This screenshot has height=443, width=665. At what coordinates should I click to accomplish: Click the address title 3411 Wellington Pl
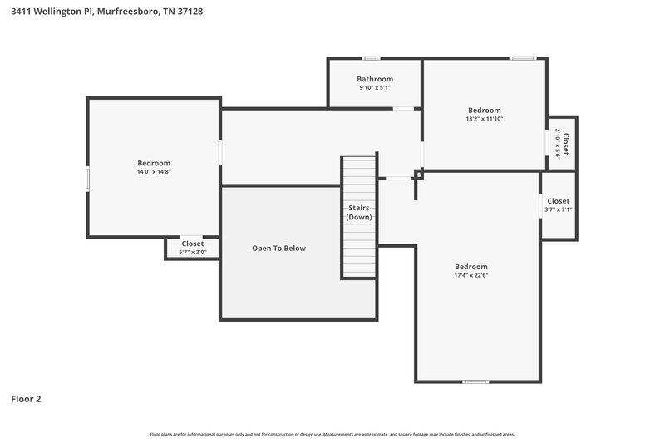point(107,12)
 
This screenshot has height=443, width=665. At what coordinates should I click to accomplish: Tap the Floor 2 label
point(26,399)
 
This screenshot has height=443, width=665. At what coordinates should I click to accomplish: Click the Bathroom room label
point(375,79)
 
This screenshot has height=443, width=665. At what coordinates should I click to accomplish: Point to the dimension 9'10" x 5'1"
point(375,87)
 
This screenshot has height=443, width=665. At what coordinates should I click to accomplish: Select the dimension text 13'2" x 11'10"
point(484,119)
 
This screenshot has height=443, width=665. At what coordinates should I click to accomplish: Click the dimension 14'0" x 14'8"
point(154,171)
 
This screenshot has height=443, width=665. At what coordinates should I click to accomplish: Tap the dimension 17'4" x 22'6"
point(470,275)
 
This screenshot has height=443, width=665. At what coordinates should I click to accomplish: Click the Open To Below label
point(279,248)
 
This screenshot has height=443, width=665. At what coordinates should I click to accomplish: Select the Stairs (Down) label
point(359,212)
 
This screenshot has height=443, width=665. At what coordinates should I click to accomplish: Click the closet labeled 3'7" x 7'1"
point(558,205)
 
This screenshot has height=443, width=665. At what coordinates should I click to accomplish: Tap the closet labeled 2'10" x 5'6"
point(563,143)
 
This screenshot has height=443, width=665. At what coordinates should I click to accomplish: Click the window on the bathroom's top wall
point(371,58)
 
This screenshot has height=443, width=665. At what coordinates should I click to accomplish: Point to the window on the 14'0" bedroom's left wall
point(87,180)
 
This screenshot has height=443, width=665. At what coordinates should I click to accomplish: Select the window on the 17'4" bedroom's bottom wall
point(475,381)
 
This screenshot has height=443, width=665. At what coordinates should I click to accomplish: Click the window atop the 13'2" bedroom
point(523,58)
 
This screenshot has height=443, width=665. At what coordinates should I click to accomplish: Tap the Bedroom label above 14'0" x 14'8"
point(154,163)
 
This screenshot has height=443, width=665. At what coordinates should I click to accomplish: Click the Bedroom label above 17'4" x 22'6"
point(470,266)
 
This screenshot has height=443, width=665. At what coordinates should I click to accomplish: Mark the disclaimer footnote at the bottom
point(332,434)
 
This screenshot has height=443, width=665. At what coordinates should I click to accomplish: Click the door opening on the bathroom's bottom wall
point(403,108)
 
